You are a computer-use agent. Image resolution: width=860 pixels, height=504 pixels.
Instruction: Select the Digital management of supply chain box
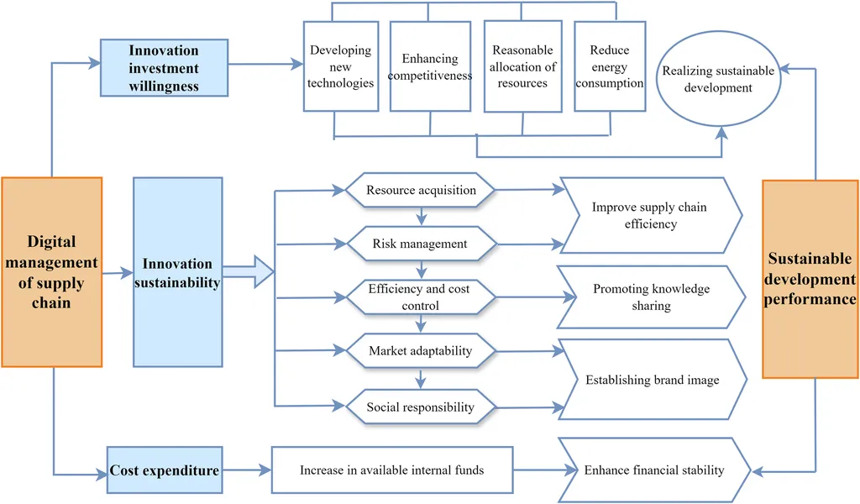click(51, 271)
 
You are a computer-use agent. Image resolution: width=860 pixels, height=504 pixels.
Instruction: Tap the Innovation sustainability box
click(177, 271)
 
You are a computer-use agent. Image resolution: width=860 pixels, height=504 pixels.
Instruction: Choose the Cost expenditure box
click(165, 470)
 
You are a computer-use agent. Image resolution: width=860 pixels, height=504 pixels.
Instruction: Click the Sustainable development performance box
click(810, 278)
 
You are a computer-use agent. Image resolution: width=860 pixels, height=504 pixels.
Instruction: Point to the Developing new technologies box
click(340, 66)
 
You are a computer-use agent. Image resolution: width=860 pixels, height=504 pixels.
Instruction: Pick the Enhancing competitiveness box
click(430, 66)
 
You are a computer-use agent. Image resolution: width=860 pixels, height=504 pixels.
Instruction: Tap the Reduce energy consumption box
click(610, 66)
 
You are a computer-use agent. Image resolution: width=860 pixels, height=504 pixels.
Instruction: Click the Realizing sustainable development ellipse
click(718, 80)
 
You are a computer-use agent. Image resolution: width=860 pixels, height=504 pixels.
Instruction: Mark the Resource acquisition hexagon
click(421, 191)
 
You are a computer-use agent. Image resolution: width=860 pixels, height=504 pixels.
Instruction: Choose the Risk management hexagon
click(420, 244)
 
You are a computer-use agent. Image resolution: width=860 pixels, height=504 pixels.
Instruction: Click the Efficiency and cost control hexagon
click(420, 297)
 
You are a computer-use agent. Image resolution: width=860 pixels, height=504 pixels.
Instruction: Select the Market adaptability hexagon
click(420, 351)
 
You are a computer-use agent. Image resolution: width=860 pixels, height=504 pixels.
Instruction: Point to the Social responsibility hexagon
click(420, 407)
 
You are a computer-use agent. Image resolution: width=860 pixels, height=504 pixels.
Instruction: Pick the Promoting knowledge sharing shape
click(651, 297)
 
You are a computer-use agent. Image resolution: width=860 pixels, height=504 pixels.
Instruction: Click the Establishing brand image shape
click(652, 380)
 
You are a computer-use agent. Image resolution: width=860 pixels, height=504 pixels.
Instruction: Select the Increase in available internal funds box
click(391, 470)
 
